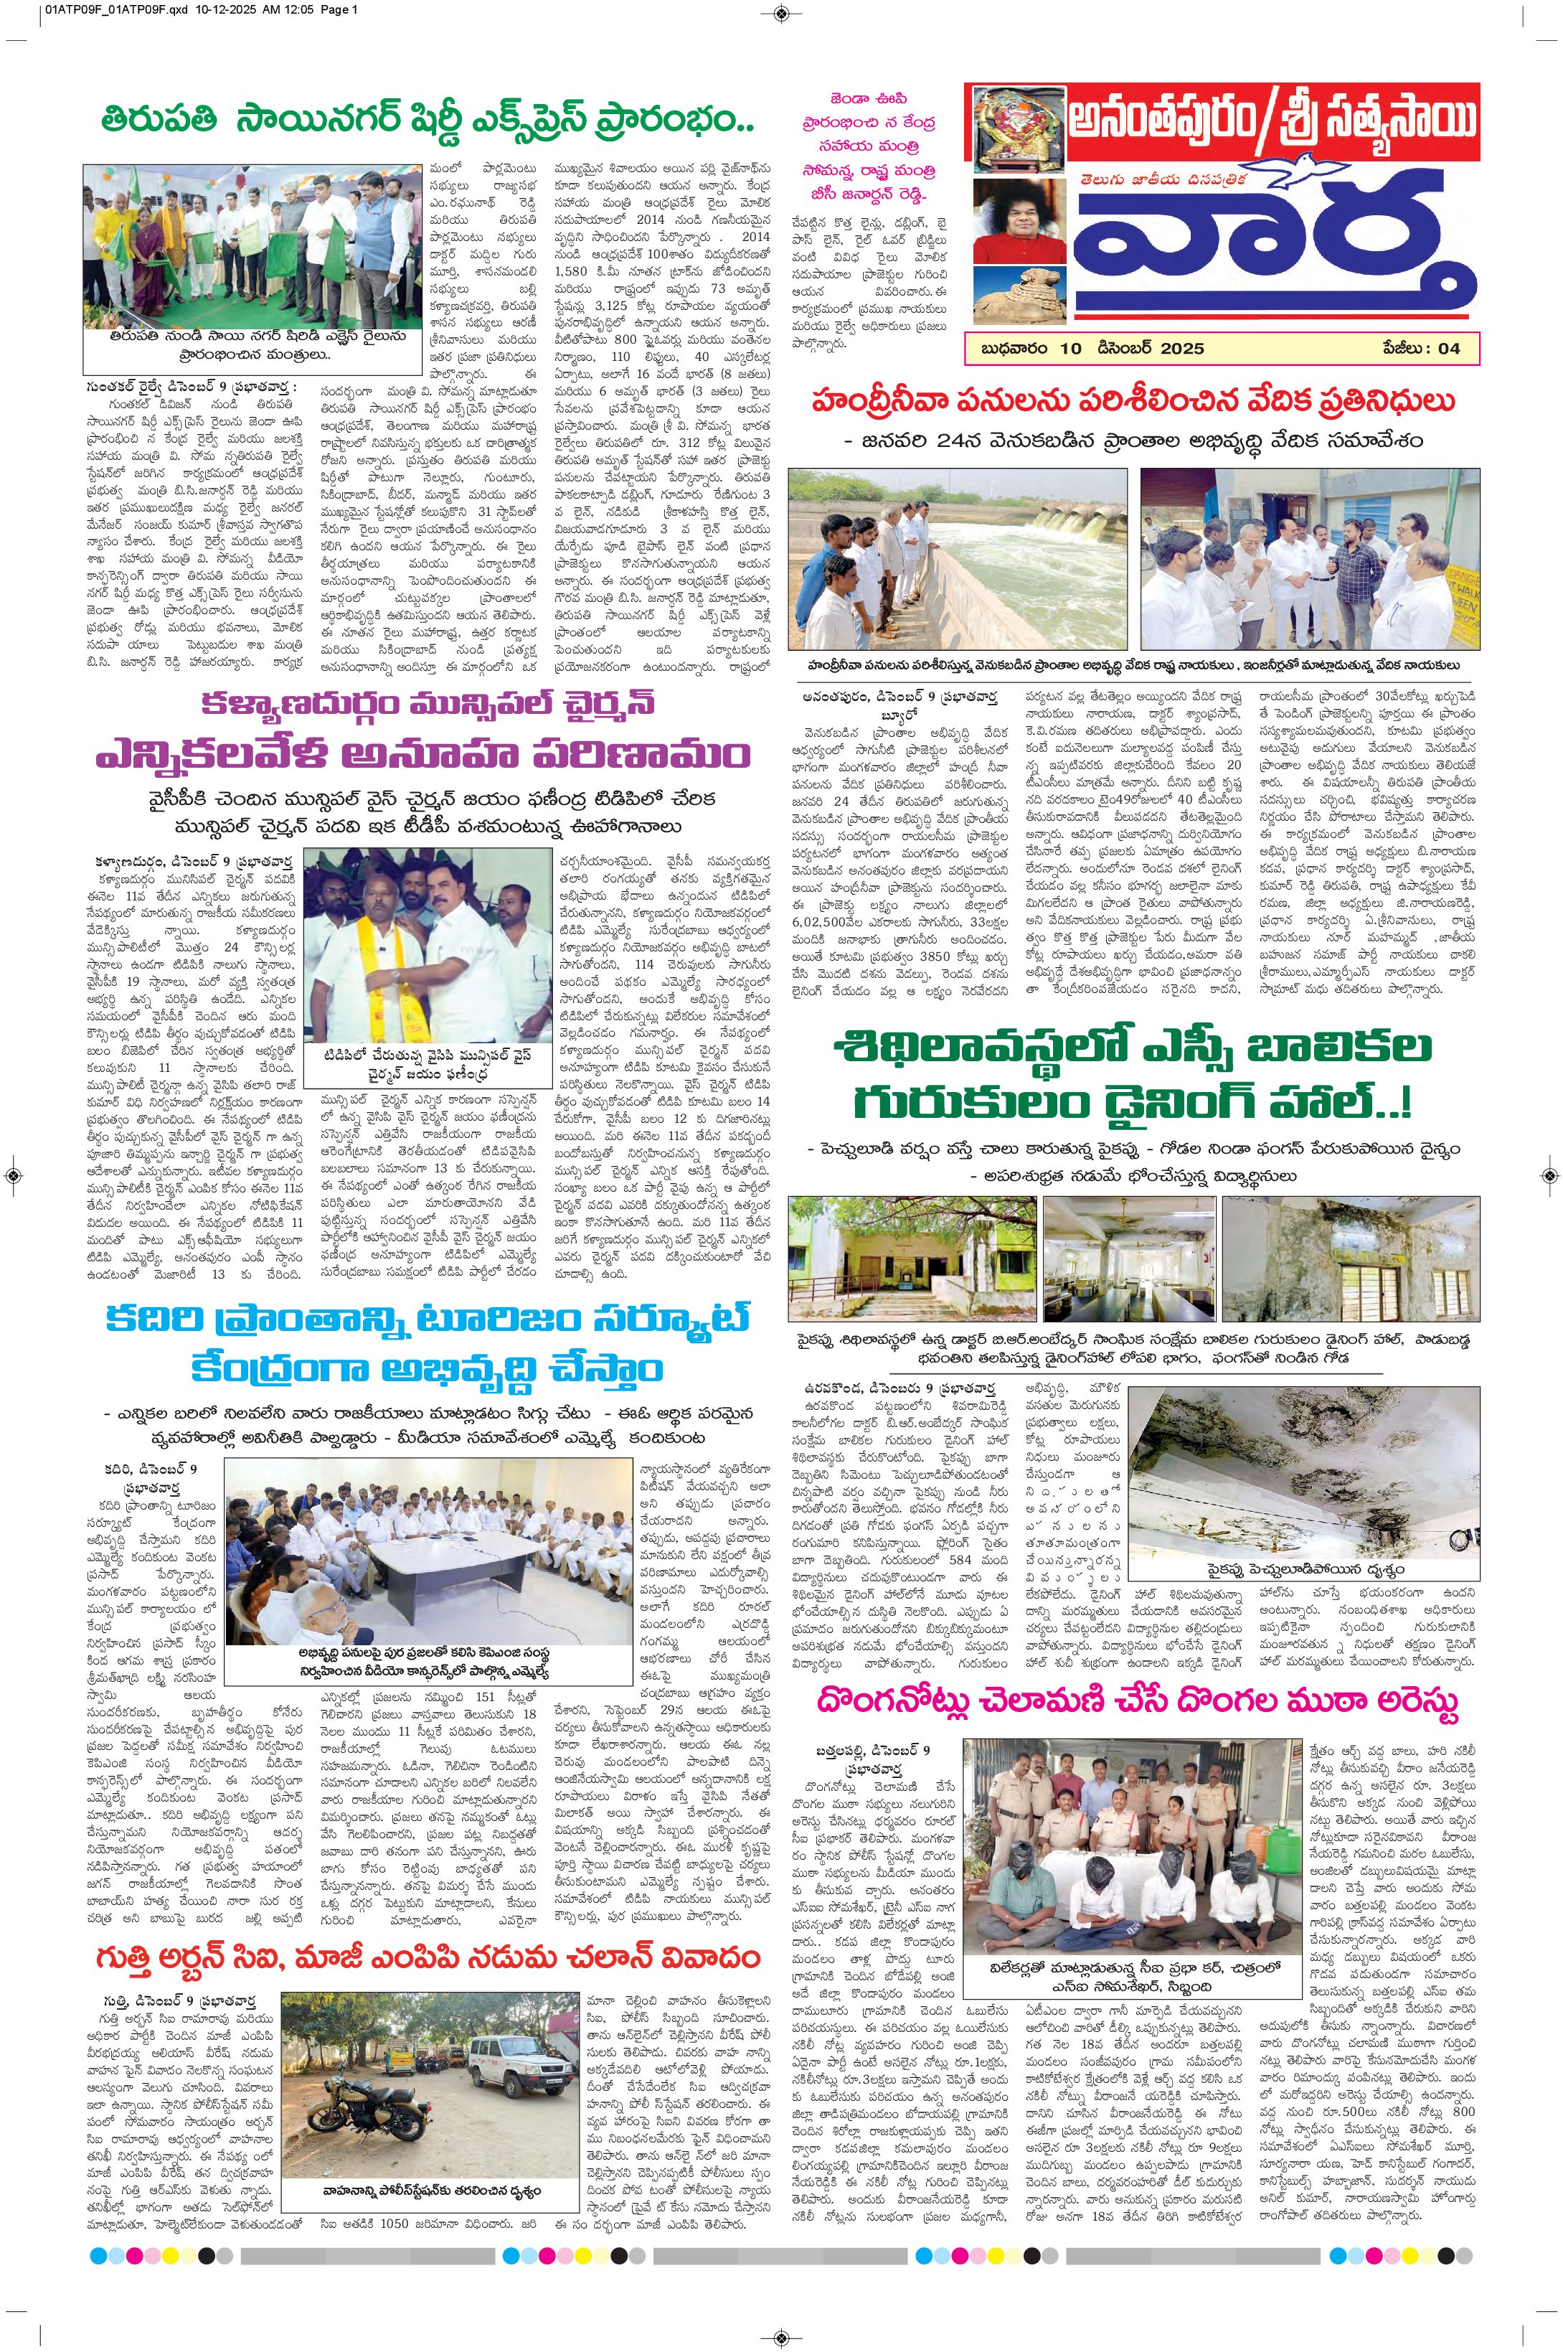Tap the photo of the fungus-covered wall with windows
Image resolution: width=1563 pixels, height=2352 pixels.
[1350, 1259]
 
